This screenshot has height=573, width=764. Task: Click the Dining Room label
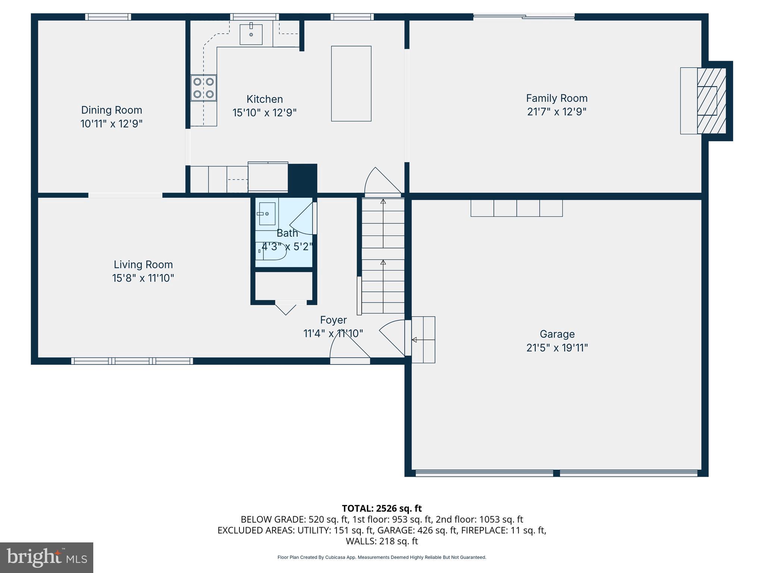112,110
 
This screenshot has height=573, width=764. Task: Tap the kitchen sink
251,34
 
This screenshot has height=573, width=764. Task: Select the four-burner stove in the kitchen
203,88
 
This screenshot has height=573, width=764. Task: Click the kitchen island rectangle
351,84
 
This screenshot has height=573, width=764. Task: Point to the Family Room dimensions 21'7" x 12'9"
557,112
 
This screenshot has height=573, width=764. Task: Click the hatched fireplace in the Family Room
711,101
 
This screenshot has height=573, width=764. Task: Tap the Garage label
557,334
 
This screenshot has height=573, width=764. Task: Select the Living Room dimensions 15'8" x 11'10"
143,278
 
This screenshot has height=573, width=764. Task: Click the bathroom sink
267,214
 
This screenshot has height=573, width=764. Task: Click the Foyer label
333,320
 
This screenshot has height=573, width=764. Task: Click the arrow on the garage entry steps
414,340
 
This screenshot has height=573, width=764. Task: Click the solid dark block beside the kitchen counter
303,178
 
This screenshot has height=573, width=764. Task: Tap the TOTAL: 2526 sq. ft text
382,508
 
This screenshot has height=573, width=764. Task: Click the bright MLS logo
47,557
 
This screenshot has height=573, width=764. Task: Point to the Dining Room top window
108,17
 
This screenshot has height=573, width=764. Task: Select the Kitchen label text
264,99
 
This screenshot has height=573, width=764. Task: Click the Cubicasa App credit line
382,557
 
